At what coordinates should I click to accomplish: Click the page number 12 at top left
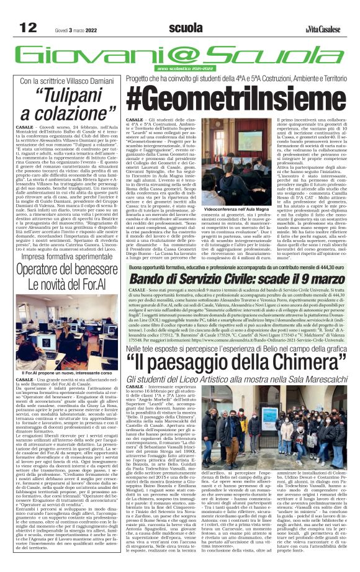pos(27,27)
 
